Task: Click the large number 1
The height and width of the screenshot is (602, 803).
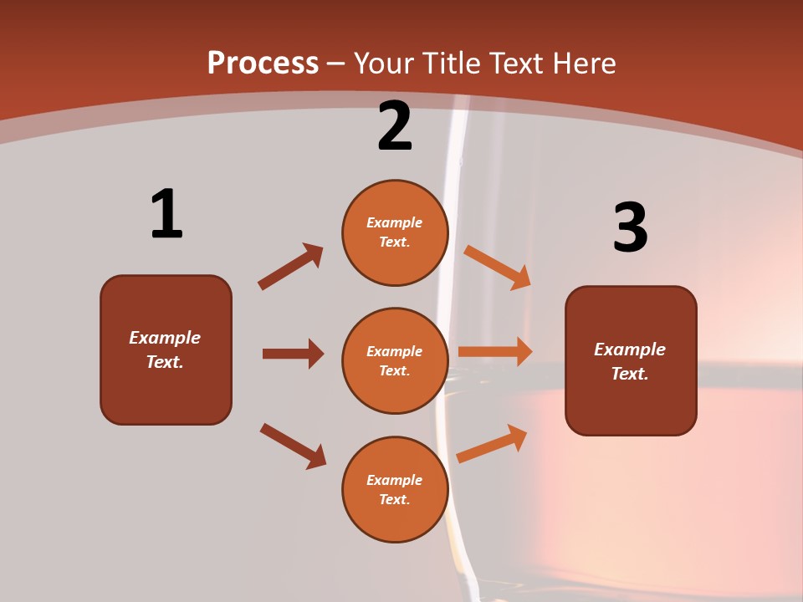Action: pyautogui.click(x=166, y=214)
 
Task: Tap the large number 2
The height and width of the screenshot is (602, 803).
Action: pyautogui.click(x=395, y=126)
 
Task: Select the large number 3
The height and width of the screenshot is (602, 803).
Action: pyautogui.click(x=630, y=227)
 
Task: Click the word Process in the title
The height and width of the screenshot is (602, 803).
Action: pyautogui.click(x=263, y=63)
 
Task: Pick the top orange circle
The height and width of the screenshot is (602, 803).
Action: pyautogui.click(x=395, y=232)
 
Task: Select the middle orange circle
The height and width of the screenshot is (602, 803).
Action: pyautogui.click(x=395, y=361)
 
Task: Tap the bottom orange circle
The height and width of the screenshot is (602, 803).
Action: pyautogui.click(x=395, y=490)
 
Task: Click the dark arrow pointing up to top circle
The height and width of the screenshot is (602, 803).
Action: pyautogui.click(x=290, y=267)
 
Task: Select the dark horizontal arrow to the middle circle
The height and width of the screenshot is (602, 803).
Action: pyautogui.click(x=293, y=354)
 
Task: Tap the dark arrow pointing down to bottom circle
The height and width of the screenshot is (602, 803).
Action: pyautogui.click(x=293, y=446)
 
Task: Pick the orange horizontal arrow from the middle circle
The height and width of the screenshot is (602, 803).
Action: pyautogui.click(x=495, y=352)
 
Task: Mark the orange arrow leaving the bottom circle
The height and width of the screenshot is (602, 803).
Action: pyautogui.click(x=492, y=443)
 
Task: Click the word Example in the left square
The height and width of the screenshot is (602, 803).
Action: pyautogui.click(x=165, y=338)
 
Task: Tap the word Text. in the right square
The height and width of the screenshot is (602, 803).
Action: pyautogui.click(x=630, y=374)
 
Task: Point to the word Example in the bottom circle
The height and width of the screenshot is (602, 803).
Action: pyautogui.click(x=395, y=480)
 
